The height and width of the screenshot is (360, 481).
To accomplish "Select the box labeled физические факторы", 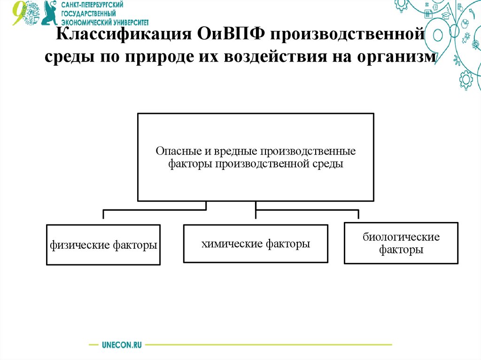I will click(103, 245).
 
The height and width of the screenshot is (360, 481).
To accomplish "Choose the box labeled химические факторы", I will click(256, 244).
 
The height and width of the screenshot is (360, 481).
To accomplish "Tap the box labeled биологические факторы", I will click(401, 243).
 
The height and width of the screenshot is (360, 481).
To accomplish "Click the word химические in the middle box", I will click(232, 244).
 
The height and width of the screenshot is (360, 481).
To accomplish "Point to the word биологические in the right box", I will click(401, 237).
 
